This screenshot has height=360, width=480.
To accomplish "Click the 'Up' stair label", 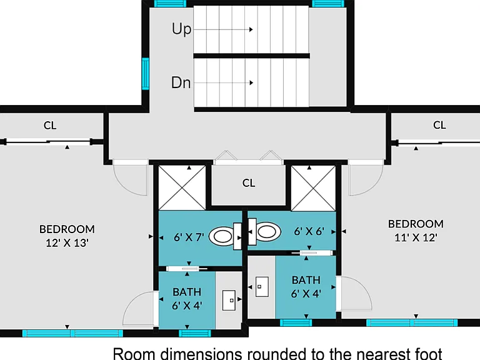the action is pos(181,29).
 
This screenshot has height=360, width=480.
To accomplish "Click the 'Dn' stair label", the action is pos(181,82).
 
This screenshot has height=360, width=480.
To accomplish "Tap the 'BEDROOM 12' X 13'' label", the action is pos(67,236).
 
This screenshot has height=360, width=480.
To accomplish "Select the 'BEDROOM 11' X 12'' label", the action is pos(416,231).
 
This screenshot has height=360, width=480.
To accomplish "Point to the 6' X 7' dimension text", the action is pos(189,237).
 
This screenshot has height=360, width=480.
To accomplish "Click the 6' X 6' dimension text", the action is pos(309,231).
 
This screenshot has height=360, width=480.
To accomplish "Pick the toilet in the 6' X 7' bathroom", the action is pos(225,236).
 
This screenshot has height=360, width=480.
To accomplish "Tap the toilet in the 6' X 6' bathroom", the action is pos(264,231).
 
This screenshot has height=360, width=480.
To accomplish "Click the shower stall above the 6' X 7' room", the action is pos(182,188).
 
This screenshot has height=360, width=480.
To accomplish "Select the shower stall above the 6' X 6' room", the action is pos(313,188).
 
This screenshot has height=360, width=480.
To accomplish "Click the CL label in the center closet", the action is pos(249,183).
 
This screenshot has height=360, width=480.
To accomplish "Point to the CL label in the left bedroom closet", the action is pos(50,125).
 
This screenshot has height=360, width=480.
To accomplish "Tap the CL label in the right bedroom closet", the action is pos(439,125).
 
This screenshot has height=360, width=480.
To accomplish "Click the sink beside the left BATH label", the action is pos(229,300).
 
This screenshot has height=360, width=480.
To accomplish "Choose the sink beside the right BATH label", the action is pos(262,286).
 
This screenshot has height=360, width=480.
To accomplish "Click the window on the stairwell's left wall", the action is pos(146,74).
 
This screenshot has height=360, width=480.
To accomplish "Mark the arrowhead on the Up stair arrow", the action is pos(251,30).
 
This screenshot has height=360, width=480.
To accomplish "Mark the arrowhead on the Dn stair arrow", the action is pos(251,82).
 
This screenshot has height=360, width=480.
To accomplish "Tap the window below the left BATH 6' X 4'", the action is pos(195,333).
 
